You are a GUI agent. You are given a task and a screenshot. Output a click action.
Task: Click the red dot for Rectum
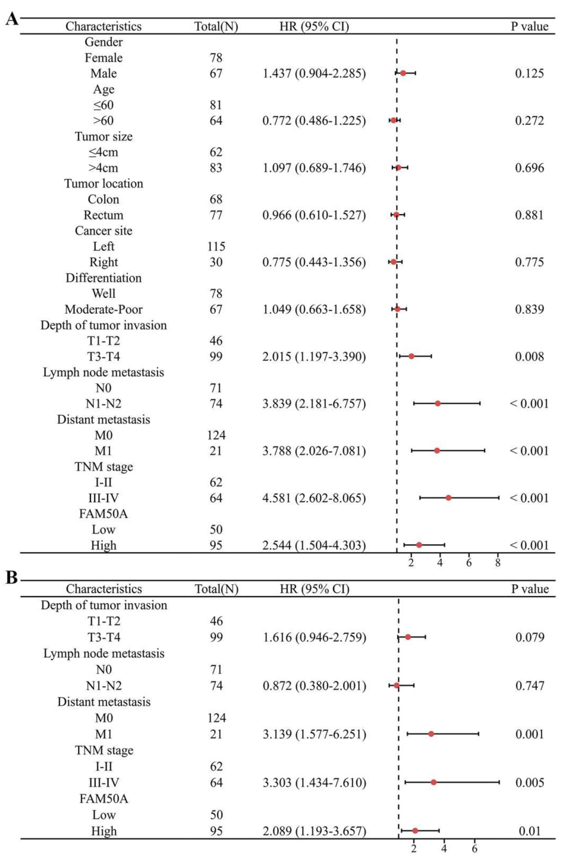(396, 215)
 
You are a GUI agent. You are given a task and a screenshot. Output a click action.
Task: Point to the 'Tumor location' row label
(104, 183)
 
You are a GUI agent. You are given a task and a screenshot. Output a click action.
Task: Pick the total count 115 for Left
(216, 247)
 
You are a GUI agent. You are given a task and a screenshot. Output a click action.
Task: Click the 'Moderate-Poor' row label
(104, 309)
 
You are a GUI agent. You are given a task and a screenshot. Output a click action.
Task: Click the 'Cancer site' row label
(104, 231)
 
